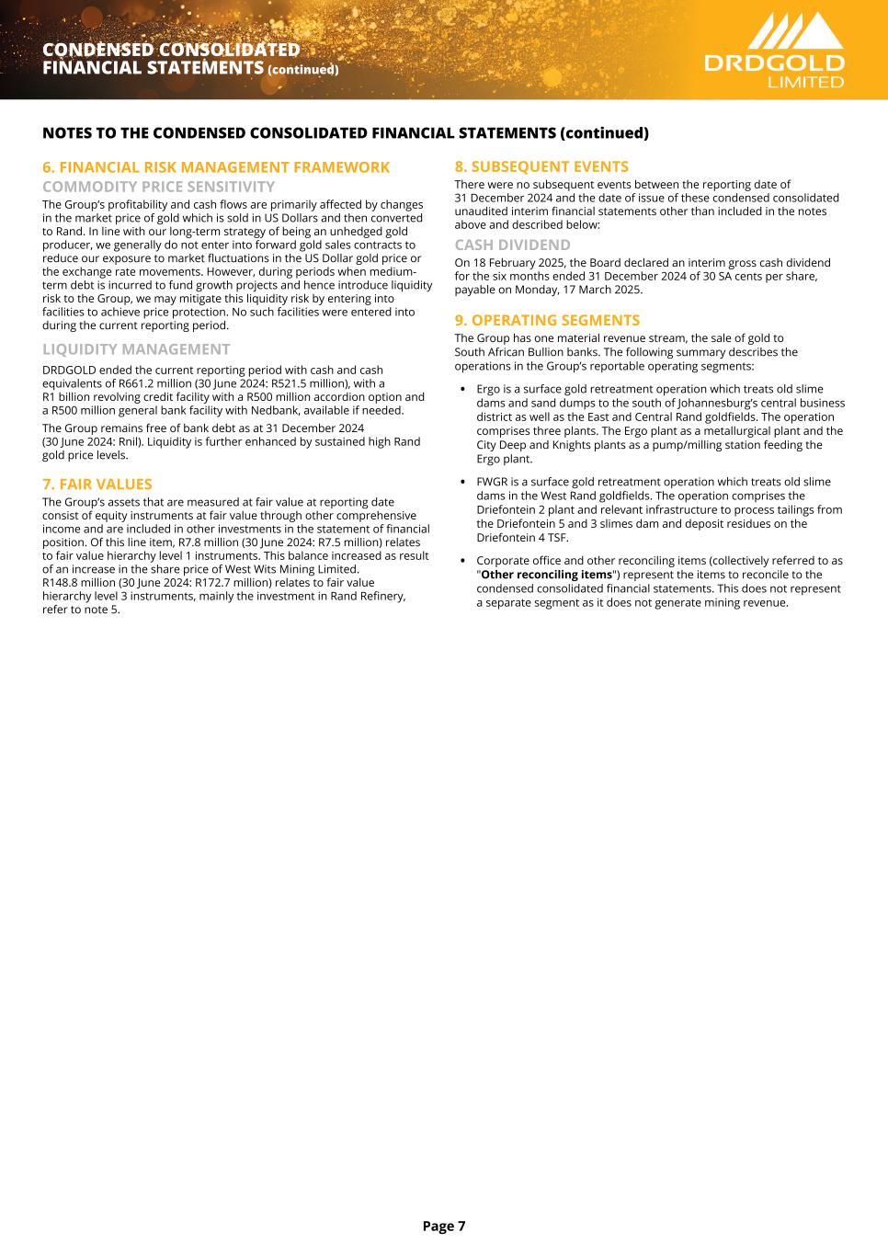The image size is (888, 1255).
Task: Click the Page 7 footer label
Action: click(444, 1226)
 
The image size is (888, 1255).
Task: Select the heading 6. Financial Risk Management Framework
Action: click(216, 167)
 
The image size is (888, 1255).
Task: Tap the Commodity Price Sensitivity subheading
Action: click(158, 187)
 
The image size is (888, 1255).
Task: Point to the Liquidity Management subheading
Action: click(136, 349)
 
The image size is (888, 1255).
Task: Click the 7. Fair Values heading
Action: click(97, 484)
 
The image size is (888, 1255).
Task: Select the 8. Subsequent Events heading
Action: click(541, 166)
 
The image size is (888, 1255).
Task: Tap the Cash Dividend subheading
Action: click(512, 245)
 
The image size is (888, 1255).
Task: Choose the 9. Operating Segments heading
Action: click(547, 320)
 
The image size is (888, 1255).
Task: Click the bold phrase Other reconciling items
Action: click(546, 575)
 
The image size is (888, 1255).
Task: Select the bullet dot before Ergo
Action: click(461, 389)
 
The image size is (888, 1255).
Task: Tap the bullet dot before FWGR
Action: click(461, 482)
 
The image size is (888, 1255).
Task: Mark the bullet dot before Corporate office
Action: click(461, 561)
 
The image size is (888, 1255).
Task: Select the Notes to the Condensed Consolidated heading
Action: click(346, 133)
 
